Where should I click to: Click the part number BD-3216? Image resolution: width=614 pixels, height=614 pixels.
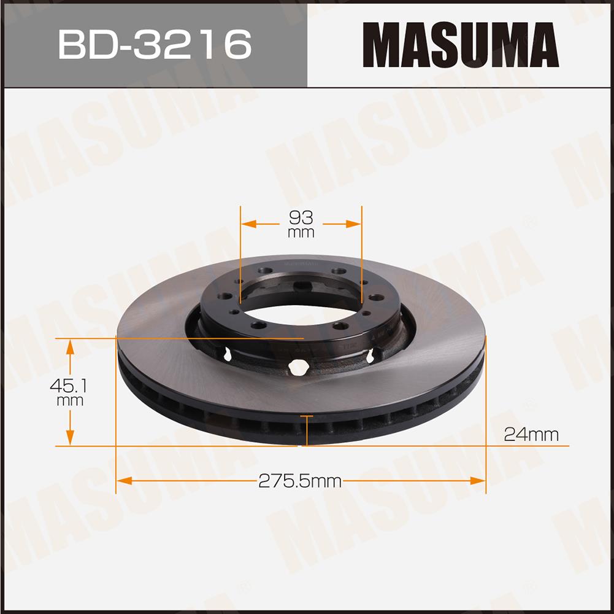(x=155, y=44)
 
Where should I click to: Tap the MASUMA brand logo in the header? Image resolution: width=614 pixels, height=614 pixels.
(x=461, y=45)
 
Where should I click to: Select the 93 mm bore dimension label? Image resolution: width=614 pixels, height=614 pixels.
(x=301, y=224)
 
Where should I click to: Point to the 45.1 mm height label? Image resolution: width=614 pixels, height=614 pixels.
(x=68, y=392)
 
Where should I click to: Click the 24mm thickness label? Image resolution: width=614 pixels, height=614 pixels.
(x=531, y=435)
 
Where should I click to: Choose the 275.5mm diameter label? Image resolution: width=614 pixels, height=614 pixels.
(x=300, y=481)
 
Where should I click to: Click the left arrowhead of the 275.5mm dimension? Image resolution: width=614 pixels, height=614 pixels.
(x=125, y=481)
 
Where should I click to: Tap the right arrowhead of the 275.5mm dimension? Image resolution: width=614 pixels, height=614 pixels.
(x=477, y=481)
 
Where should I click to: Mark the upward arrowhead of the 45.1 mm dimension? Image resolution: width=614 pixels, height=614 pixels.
(x=70, y=346)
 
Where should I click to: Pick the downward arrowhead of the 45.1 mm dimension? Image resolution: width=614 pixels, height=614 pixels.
(x=70, y=438)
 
